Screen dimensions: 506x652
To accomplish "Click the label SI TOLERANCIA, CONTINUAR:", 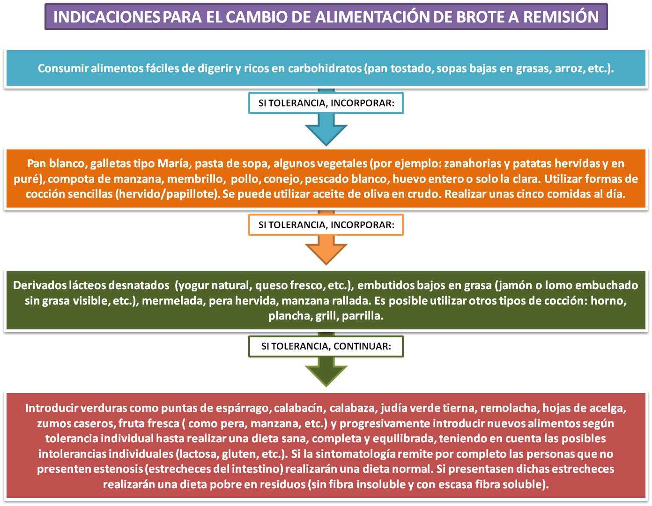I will pyautogui.click(x=326, y=347).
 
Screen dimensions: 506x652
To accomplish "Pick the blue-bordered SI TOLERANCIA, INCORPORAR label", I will pyautogui.click(x=326, y=103).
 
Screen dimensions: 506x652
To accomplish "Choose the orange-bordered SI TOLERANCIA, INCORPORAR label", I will pyautogui.click(x=326, y=225).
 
